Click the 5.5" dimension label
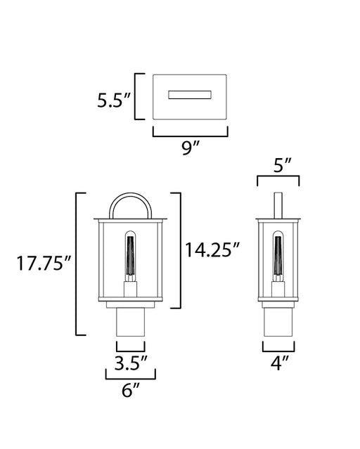pyautogui.click(x=114, y=100)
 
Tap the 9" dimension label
pyautogui.click(x=191, y=148)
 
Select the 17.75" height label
pyautogui.click(x=44, y=263)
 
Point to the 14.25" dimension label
pyautogui.click(x=212, y=249)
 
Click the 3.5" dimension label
pyautogui.click(x=131, y=363)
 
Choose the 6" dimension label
pyautogui.click(x=131, y=390)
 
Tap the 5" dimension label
pyautogui.click(x=282, y=165)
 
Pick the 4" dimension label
pyautogui.click(x=279, y=363)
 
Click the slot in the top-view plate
pyautogui.click(x=190, y=95)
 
